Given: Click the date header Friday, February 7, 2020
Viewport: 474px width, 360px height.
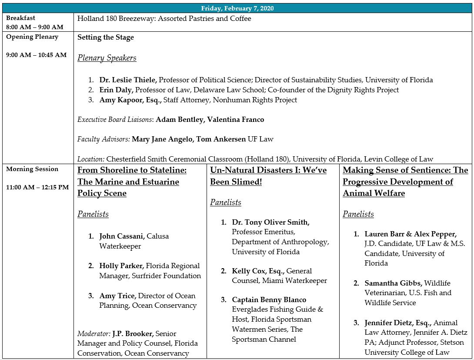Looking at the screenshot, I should coord(237,8).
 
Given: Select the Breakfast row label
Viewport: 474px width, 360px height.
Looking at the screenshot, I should coord(21,18).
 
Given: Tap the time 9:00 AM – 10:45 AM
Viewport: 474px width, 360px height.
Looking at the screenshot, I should coord(37,55).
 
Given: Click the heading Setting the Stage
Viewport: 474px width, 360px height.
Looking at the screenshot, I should coord(106,37).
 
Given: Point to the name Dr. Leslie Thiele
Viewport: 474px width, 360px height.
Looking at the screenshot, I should coord(128,80).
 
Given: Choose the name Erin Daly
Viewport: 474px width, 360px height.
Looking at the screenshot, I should coord(116,90).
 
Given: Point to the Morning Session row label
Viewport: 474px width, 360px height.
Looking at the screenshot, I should coord(32,169).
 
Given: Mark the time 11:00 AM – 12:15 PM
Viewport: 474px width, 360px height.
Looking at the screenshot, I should coord(37,188).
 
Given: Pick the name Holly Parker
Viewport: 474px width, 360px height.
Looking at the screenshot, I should coord(121,266).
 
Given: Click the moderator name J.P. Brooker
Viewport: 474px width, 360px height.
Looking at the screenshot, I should coord(133,334).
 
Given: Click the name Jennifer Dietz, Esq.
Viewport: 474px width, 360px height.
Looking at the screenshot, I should coord(397,323).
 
